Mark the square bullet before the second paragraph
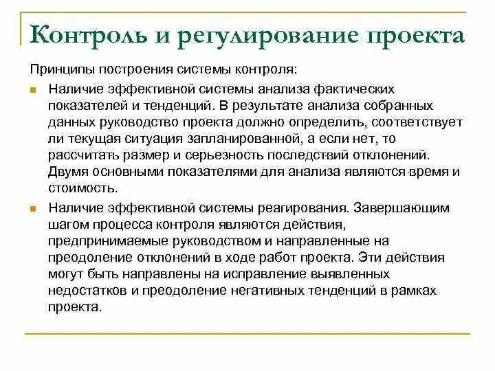pyautogui.click(x=34, y=207)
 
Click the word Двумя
pyautogui.click(x=69, y=172)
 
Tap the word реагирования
pyautogui.click(x=286, y=206)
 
